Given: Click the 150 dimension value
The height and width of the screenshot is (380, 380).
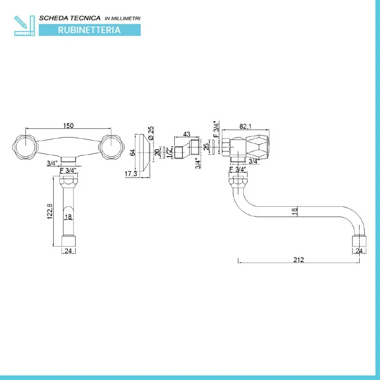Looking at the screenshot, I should [68, 125].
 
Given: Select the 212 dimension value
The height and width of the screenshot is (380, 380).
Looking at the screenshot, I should [298, 259].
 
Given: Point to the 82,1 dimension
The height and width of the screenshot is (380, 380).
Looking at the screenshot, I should [246, 126].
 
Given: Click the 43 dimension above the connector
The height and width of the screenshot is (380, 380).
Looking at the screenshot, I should [187, 134].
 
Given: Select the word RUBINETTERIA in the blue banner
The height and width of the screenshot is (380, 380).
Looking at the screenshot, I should [89, 30].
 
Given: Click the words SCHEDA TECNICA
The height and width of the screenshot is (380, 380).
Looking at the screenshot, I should [69, 18].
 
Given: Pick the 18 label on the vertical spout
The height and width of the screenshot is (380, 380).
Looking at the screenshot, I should [68, 218].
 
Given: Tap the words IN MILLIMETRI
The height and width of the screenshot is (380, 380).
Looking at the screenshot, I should [123, 19].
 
